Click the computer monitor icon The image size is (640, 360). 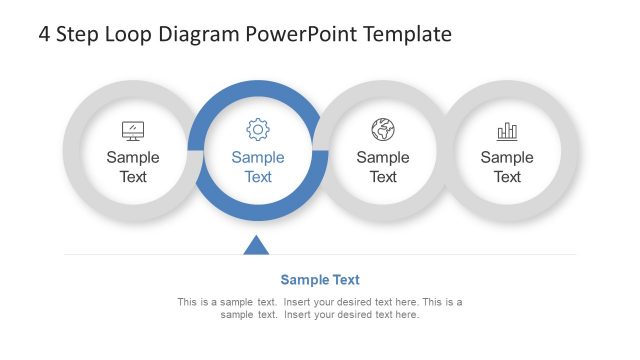point(133,130)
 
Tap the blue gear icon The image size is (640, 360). point(258,129)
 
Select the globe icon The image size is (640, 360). point(383,129)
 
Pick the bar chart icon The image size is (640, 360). point(507,131)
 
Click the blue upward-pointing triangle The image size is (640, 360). point(257,245)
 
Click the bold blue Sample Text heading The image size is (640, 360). point(320,280)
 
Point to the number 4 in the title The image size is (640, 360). point(45,34)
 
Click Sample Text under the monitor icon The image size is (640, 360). point(133,167)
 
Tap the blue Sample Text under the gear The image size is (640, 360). point(258,167)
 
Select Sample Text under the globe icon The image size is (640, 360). point(383,167)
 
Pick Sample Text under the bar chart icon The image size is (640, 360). point(507,167)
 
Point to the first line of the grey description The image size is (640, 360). point(320,302)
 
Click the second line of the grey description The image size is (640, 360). point(320,315)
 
